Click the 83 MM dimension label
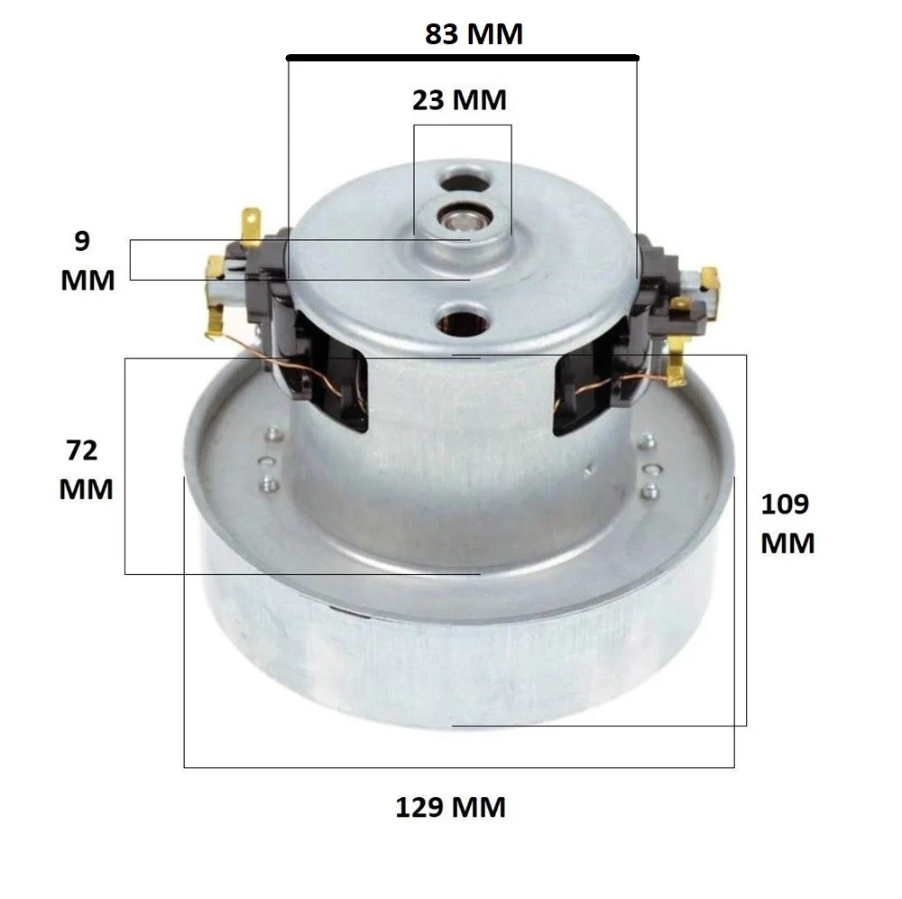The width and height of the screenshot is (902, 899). point(473,35)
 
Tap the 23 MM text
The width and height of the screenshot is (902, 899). point(460,99)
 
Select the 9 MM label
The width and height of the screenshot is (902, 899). point(87,261)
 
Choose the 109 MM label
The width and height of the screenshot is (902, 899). point(787,524)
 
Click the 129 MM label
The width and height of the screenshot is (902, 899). point(450,806)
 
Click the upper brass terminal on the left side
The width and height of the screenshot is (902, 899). point(248,222)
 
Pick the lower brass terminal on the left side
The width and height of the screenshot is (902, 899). point(215,268)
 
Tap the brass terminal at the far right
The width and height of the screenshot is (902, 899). point(710,279)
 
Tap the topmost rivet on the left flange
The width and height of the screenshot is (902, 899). point(269,434)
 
